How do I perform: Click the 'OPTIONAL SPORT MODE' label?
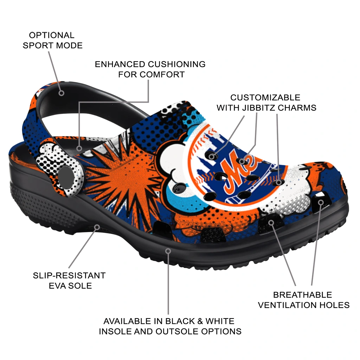pyautogui.click(x=53, y=40)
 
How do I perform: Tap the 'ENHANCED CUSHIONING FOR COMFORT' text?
pyautogui.click(x=150, y=69)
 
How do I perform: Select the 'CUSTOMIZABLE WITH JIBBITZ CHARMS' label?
pyautogui.click(x=266, y=103)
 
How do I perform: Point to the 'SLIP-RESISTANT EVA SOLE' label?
pyautogui.click(x=69, y=280)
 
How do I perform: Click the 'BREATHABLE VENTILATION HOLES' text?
pyautogui.click(x=303, y=300)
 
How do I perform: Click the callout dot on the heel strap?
pyautogui.click(x=61, y=93)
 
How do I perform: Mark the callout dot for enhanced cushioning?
pyautogui.click(x=79, y=148)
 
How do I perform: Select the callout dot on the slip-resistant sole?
pyautogui.click(x=97, y=227)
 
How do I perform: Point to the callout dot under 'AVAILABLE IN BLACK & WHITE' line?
pyautogui.click(x=168, y=251)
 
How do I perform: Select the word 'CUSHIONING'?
pyautogui.click(x=176, y=64)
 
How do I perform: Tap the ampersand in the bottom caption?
pyautogui.click(x=200, y=321)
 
